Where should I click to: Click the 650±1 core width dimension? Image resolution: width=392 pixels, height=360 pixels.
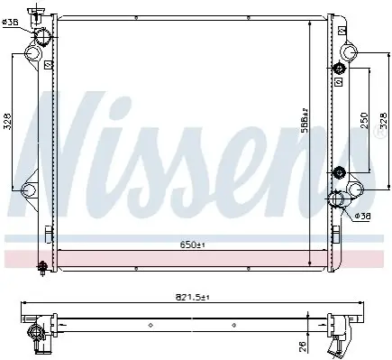tap(193, 245)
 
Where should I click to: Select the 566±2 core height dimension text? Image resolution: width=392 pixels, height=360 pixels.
tap(305, 121)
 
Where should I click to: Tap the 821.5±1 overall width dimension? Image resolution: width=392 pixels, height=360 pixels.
tap(192, 298)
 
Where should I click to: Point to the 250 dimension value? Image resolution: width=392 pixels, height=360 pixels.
tap(364, 121)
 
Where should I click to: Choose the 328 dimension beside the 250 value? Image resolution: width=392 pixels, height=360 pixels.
tap(384, 121)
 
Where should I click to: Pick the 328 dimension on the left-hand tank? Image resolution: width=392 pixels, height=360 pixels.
tap(8, 122)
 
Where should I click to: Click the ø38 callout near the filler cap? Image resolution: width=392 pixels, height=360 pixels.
tap(10, 22)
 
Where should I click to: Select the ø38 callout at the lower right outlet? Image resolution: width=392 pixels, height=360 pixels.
tap(362, 216)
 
